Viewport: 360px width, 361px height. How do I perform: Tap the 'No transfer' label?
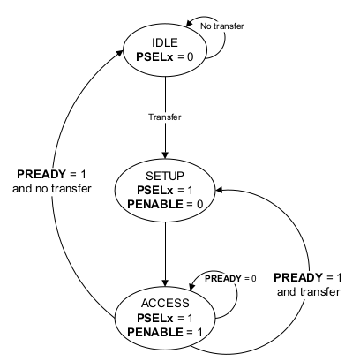pyautogui.click(x=220, y=26)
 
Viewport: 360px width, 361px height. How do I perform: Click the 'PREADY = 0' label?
pyautogui.click(x=230, y=279)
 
